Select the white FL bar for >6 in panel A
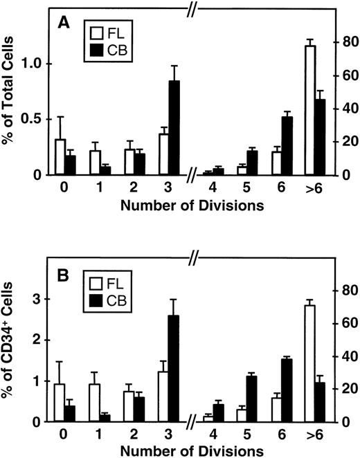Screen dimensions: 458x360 point(311,110)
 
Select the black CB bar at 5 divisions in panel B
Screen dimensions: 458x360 point(252,399)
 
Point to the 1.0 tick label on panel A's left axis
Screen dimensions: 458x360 point(33,64)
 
